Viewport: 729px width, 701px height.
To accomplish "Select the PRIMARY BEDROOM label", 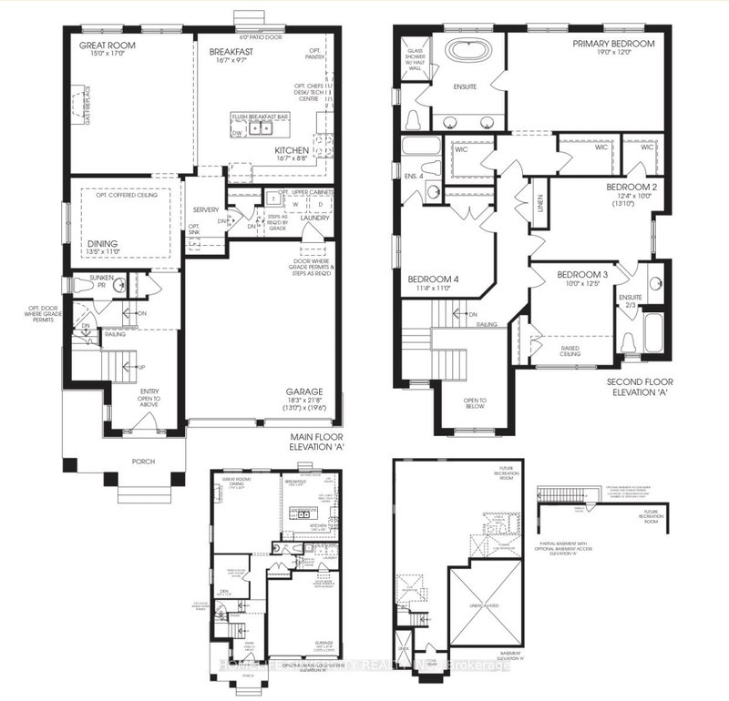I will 614,43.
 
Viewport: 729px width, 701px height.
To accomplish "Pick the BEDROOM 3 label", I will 581,275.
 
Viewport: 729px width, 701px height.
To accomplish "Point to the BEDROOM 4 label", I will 433,279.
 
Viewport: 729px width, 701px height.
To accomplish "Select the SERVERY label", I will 205,210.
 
